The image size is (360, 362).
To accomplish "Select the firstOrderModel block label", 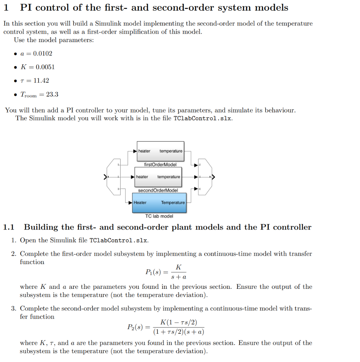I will coord(160,164).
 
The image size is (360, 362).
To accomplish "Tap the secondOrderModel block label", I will coord(158,190).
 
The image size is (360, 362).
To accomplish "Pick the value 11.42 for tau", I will coord(41,81).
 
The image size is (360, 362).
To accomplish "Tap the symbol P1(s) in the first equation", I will coord(153,272).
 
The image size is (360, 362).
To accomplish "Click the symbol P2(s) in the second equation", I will coord(134,327).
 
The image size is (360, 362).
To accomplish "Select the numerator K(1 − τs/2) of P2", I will coord(179,322).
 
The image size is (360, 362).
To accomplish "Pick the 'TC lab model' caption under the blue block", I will coord(159,216).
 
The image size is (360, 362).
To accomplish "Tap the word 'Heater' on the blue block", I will coord(140,203).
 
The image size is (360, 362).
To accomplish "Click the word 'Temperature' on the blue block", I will coord(173,203).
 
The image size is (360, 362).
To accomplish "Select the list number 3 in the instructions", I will coord(13,309).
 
